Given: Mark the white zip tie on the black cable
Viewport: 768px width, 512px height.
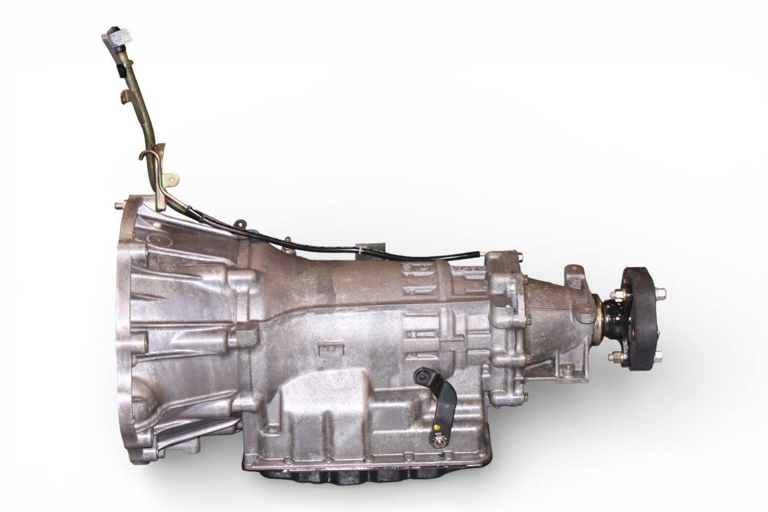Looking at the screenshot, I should tap(361, 249).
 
